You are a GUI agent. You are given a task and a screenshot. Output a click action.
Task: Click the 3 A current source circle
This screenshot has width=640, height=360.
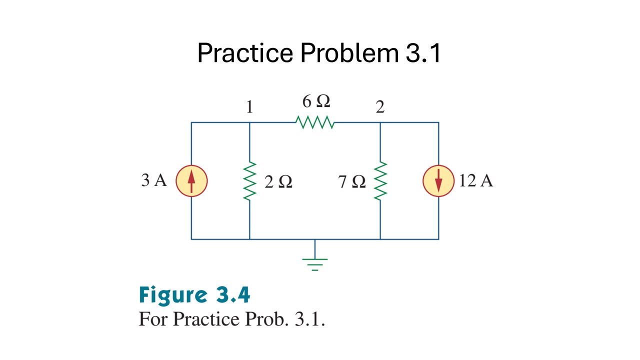[x=191, y=181]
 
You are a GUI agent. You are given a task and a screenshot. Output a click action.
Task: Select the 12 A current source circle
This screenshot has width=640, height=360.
[x=438, y=181]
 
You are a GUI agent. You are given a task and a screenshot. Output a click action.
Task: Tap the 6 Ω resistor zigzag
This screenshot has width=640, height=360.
[x=314, y=122]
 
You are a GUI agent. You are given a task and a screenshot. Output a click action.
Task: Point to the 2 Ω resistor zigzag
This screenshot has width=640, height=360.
[x=249, y=181]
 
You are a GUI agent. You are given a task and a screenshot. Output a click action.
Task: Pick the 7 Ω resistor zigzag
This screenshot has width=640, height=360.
[x=380, y=181]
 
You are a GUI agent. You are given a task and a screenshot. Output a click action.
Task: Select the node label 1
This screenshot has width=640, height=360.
[x=249, y=107]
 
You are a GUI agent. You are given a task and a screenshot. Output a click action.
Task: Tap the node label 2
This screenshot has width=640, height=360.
[x=380, y=107]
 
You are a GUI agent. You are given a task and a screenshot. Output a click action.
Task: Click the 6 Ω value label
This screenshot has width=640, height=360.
[x=315, y=101]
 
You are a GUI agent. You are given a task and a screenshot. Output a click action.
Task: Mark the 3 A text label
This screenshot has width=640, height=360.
[x=154, y=180]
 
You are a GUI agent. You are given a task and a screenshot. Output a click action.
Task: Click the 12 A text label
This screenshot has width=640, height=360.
[x=475, y=180]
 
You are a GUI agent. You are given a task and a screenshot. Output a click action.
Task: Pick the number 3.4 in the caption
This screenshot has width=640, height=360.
[x=233, y=295]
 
